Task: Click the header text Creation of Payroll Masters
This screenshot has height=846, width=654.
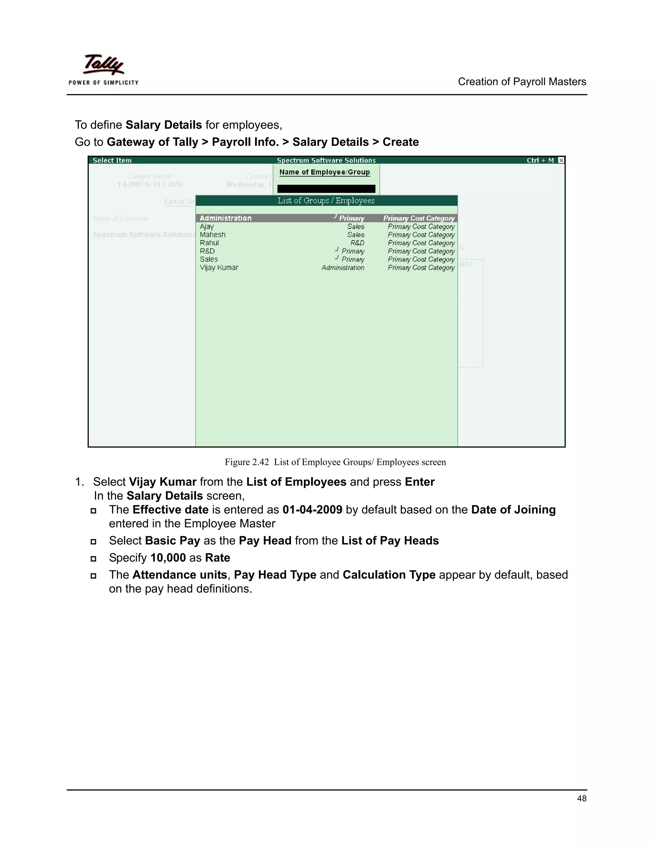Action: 521,82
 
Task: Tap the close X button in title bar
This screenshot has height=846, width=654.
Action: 561,160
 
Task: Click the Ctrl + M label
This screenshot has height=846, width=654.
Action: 540,160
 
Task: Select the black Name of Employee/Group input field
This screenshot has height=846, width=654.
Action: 326,189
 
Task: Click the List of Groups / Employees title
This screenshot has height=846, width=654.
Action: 326,201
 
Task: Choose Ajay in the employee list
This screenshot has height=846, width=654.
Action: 207,227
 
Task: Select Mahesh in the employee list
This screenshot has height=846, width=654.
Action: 212,235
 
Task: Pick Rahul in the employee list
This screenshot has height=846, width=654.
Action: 209,243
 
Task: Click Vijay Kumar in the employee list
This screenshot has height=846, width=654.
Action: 219,268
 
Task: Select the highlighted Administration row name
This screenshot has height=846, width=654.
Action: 225,218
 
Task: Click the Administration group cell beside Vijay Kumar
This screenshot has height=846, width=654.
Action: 343,268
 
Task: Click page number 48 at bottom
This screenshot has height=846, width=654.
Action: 581,798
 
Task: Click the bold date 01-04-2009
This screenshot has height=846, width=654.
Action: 312,510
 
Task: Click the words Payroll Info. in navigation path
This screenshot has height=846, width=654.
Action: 245,142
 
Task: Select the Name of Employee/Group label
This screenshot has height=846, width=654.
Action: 324,172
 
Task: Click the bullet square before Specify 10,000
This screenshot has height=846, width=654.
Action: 93,559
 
